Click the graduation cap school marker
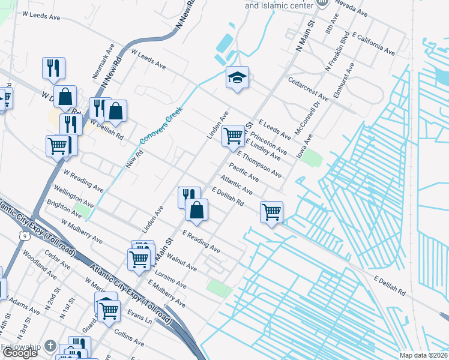pyautogui.click(x=238, y=77)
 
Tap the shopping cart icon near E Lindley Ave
pyautogui.click(x=233, y=136)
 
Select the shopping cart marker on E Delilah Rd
pyautogui.click(x=271, y=212)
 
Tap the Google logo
pyautogui.click(x=19, y=353)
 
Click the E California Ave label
pyautogui.click(x=373, y=44)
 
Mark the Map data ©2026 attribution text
pyautogui.click(x=423, y=355)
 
